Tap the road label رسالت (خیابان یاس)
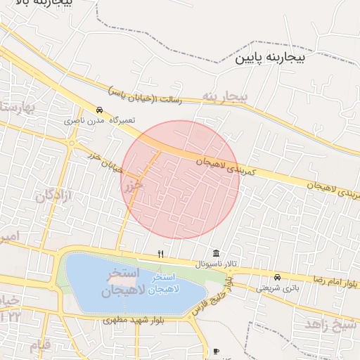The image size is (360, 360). (x=145, y=95)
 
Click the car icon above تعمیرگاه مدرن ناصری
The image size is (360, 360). (x=100, y=110)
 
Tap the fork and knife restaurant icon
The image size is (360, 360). (x=161, y=254)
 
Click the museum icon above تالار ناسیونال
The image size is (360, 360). (x=215, y=253)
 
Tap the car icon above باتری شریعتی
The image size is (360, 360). (x=277, y=276)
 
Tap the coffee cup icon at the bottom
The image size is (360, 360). (x=215, y=351)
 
